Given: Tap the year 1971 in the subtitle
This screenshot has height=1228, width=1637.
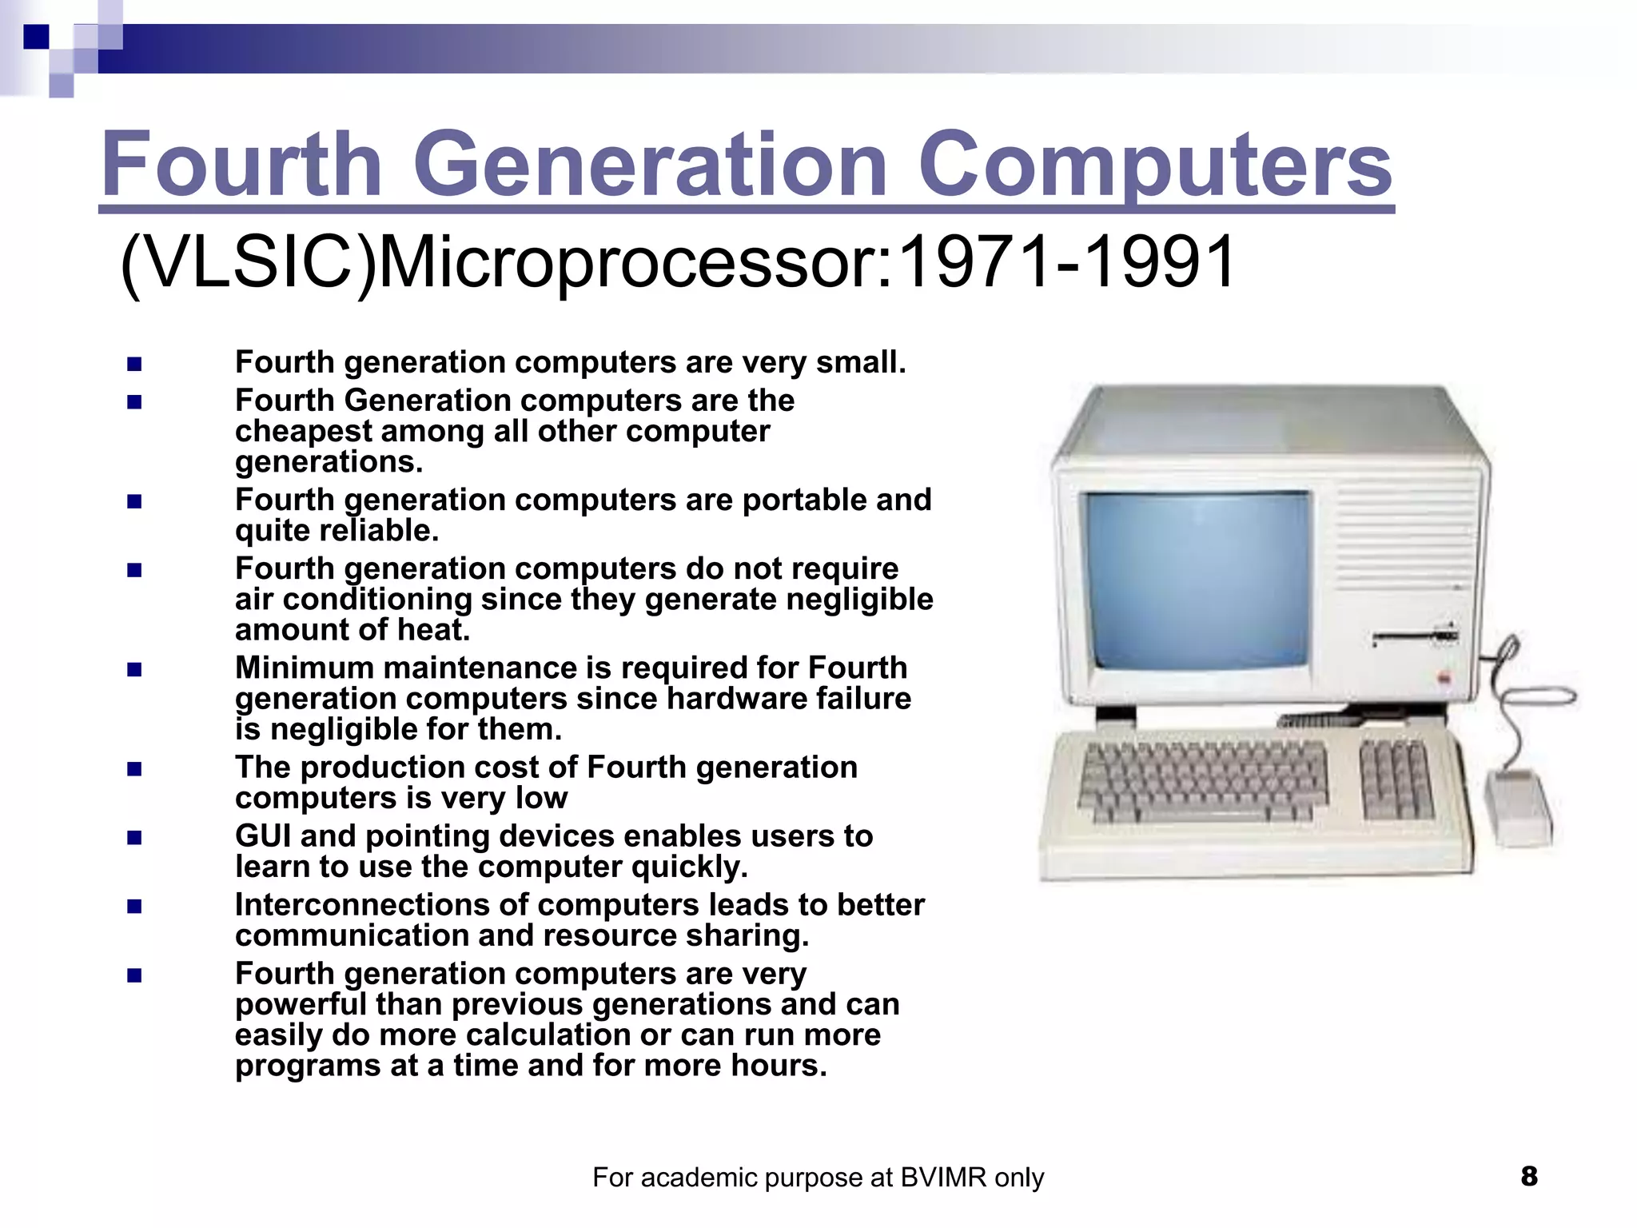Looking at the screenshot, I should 974,262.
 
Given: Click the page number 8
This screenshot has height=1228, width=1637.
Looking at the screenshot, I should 1529,1176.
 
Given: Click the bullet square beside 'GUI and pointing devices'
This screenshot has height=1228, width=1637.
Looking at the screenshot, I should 134,838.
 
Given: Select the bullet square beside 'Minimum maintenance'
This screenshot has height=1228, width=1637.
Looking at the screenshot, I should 134,669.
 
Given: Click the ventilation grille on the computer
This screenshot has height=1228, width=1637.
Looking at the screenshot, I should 1407,528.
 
